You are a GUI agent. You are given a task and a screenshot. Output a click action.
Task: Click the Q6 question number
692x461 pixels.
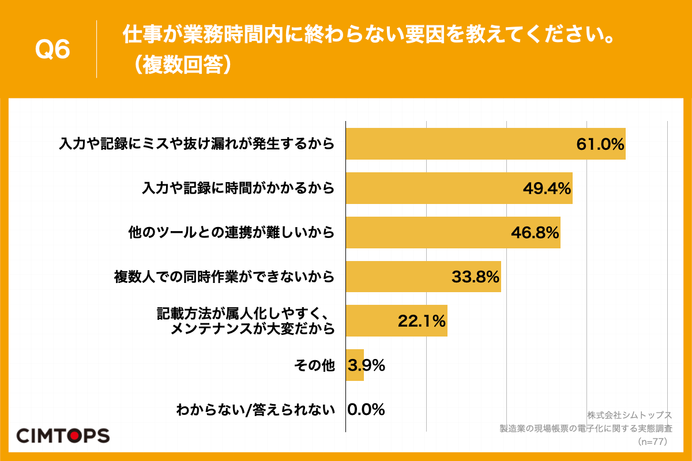(x=52, y=50)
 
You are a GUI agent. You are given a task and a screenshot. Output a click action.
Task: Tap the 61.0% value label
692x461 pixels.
(x=600, y=144)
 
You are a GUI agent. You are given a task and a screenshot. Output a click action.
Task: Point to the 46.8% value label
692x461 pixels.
(x=535, y=233)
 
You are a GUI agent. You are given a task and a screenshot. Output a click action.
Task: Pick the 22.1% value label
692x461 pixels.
(x=422, y=322)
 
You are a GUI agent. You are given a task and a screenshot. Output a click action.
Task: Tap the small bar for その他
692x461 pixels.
(x=355, y=365)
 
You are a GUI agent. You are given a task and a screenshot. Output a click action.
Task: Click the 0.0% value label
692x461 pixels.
(x=366, y=410)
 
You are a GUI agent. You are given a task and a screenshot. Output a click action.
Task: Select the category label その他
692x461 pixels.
(x=314, y=365)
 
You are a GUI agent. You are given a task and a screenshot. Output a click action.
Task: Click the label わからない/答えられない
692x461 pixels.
(x=255, y=410)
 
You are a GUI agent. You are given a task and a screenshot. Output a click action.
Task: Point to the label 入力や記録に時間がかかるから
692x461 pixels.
(x=238, y=188)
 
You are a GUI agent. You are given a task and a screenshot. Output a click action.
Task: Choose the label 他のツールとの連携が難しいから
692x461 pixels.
(x=231, y=233)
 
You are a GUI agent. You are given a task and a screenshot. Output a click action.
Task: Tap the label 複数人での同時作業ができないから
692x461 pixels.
(x=224, y=277)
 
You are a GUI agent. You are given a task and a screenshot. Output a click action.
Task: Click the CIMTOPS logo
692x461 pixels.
(x=62, y=435)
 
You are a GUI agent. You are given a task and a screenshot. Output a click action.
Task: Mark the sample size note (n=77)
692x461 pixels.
(x=652, y=442)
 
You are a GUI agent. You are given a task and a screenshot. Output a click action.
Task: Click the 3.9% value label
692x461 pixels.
(x=367, y=365)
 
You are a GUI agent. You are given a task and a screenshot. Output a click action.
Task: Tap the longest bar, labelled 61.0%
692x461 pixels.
(x=461, y=144)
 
